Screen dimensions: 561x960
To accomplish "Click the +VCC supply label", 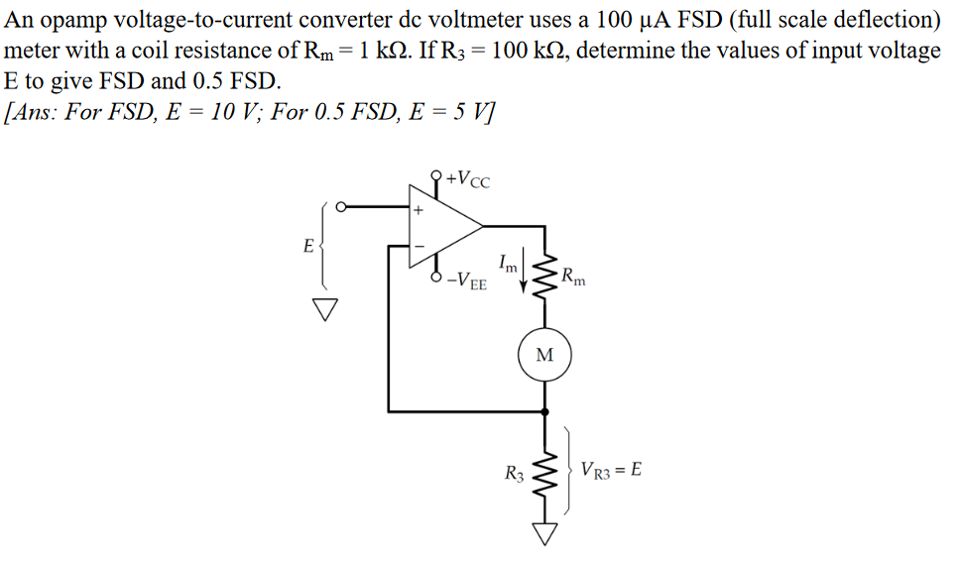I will [467, 179].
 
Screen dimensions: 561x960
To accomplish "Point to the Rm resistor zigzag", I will [544, 276].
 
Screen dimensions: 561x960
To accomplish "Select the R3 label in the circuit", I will [514, 474].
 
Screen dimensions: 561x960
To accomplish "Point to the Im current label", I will [507, 265].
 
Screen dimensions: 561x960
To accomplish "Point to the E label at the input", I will [308, 244].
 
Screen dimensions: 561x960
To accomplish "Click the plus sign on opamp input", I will [419, 210].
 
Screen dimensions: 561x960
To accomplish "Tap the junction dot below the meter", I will [544, 409].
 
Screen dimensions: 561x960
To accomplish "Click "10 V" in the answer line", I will [229, 111].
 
